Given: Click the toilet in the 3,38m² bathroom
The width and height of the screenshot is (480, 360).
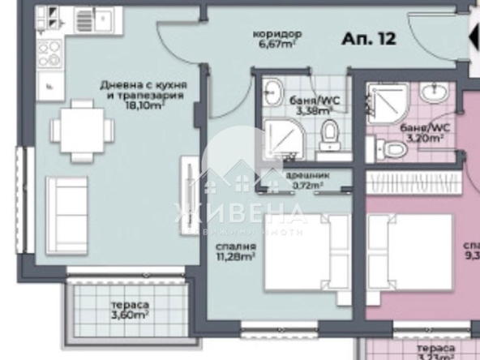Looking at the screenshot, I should coord(330,135).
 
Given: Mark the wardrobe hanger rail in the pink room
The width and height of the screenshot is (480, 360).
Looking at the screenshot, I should coord(414,180).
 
